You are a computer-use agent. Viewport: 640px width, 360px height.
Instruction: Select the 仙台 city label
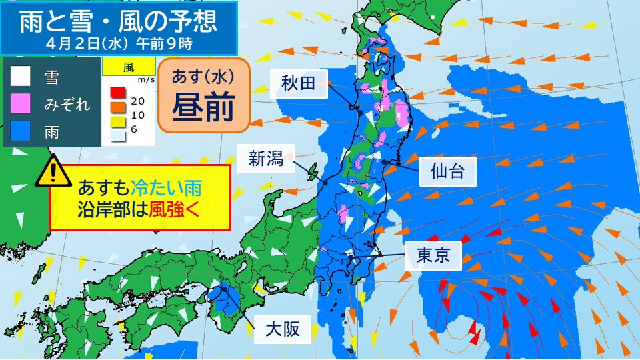[447, 172]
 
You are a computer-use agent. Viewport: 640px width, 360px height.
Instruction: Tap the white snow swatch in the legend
[20, 77]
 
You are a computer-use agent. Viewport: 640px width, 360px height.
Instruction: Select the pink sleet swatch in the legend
[20, 104]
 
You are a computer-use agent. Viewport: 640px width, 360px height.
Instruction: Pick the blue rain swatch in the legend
[20, 131]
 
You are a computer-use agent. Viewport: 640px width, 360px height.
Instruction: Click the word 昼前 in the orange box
[203, 107]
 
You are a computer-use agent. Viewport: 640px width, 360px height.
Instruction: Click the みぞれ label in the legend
[67, 105]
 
